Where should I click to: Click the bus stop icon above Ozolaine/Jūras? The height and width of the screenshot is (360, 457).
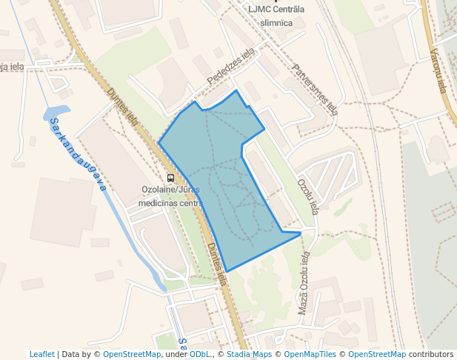[171, 178]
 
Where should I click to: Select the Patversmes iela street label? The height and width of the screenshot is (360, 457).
[315, 90]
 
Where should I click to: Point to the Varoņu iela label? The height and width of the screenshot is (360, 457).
[438, 71]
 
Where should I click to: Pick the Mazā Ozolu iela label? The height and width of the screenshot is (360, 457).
[303, 282]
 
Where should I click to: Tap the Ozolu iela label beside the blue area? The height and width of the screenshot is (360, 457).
[306, 194]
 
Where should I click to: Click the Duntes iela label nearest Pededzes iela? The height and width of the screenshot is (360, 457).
[123, 108]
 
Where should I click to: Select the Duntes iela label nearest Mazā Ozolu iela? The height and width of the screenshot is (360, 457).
[216, 264]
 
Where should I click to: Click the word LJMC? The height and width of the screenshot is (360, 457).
[260, 9]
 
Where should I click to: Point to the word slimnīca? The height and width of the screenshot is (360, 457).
[277, 22]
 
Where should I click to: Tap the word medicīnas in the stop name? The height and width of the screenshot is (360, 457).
[158, 203]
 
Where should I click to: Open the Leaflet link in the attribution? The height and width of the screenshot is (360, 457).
[41, 354]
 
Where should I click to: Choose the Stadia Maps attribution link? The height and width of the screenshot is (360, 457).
[249, 354]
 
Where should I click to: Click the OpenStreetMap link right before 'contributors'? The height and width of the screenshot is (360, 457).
[377, 354]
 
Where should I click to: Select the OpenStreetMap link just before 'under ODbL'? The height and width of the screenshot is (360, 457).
[132, 354]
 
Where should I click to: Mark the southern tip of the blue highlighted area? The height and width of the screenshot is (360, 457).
[226, 271]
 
